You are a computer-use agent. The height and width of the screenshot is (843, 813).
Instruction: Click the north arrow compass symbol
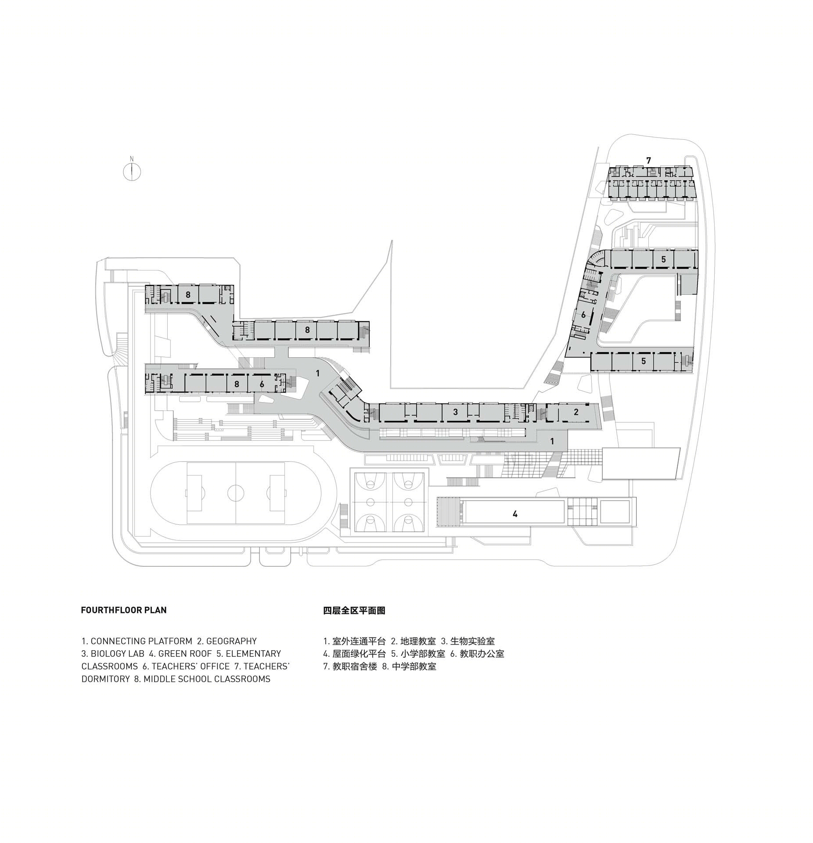point(131,170)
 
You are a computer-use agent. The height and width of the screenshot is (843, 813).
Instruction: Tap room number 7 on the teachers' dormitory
point(648,160)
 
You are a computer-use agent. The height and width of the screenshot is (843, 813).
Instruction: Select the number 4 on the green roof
point(515,514)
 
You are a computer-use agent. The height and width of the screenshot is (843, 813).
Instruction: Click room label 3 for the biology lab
point(456,412)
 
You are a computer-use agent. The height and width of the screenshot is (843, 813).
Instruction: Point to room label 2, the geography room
point(576,412)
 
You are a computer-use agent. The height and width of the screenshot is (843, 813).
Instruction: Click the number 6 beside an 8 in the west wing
point(262,384)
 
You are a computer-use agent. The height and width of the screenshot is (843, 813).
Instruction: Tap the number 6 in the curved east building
point(583,315)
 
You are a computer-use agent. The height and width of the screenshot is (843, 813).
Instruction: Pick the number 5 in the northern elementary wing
point(663,259)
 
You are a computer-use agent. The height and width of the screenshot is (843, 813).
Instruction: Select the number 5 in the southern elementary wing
point(644,361)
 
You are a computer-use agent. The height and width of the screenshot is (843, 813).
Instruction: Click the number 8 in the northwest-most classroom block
point(188,295)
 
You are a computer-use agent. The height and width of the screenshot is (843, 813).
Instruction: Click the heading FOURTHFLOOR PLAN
point(124,610)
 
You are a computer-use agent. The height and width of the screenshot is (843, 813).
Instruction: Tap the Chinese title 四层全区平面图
point(354,610)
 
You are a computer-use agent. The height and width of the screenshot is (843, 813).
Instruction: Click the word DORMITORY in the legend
point(105,679)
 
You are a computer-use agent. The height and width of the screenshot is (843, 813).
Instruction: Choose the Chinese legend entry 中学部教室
point(414,666)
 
